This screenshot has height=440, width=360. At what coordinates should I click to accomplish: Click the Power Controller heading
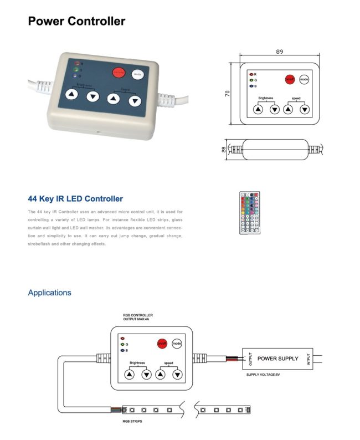pos(76,22)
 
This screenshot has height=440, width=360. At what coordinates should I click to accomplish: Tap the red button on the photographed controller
pos(119,73)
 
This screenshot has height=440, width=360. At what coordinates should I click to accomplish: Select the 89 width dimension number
pos(279,52)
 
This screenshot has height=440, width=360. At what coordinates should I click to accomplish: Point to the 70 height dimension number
pos(228,94)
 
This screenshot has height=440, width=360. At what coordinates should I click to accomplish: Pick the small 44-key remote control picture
pos(249,212)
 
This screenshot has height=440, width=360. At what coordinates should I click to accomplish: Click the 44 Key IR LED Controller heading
pos(75,199)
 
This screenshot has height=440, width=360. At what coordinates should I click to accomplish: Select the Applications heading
pos(49,293)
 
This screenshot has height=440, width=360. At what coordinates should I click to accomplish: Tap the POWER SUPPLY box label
pos(277,359)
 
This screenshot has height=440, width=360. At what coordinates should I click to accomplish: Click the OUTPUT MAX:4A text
pos(137,319)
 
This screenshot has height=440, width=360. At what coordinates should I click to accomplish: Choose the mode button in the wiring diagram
pos(177,344)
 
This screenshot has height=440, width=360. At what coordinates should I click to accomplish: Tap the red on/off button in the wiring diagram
pos(162,344)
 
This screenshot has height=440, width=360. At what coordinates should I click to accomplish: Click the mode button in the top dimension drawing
pos(304,79)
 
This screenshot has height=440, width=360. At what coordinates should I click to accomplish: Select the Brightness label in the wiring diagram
pos(137,363)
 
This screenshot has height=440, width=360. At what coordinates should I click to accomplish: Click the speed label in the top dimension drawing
pos(296,98)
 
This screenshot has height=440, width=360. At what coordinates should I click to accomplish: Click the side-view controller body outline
pos(275,149)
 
